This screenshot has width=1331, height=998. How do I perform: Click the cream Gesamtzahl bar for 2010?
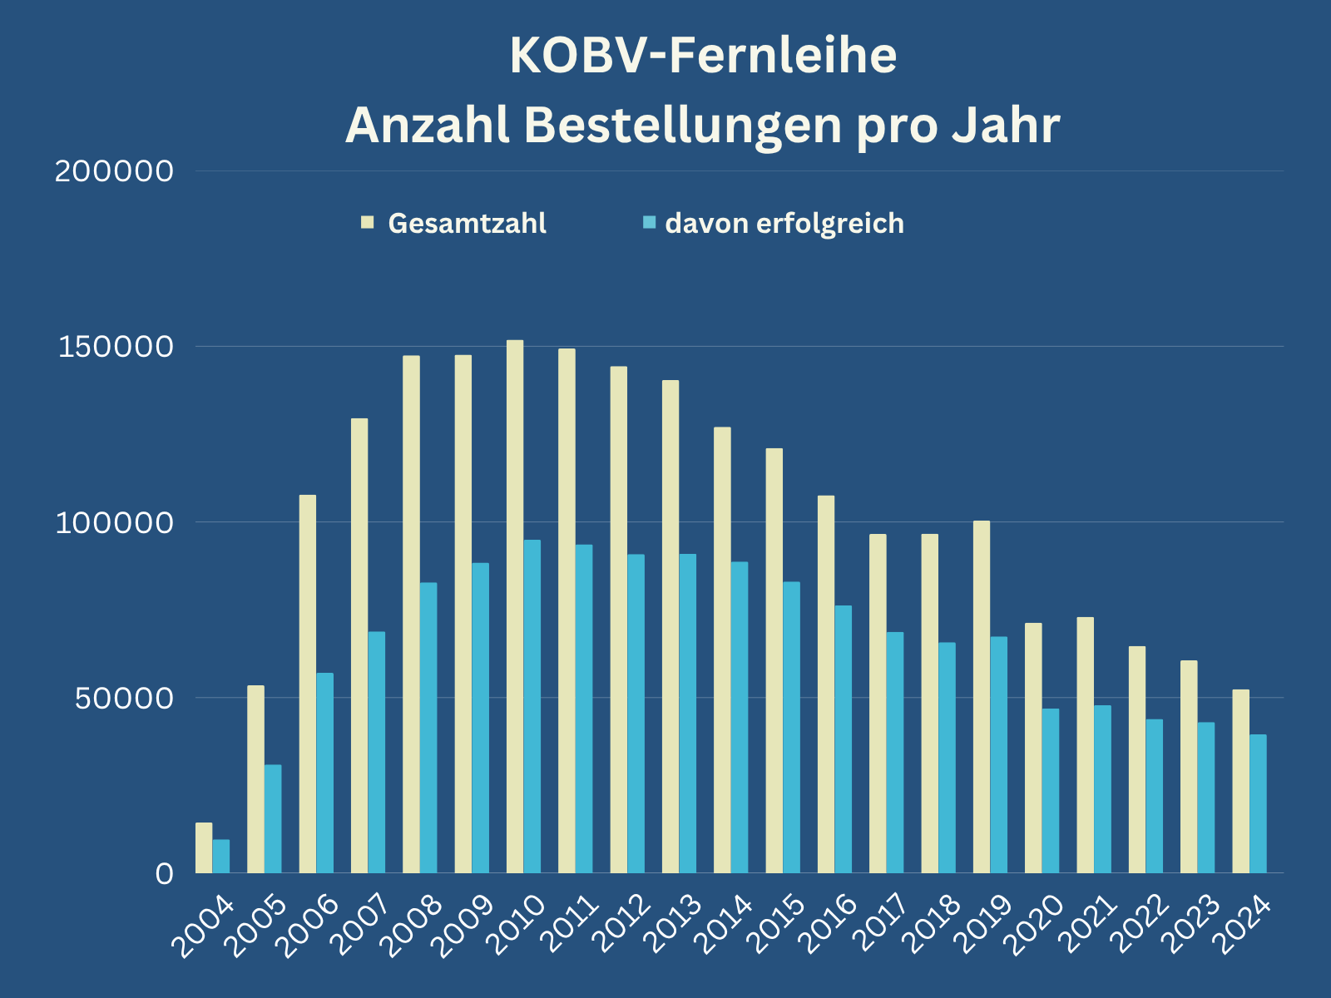coord(515,606)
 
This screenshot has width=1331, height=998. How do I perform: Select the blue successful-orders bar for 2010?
coord(532,706)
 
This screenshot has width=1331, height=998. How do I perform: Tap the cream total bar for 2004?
coord(204,847)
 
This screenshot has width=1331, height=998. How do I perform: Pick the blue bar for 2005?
coord(273,818)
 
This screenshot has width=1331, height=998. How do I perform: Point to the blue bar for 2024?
coord(1258,803)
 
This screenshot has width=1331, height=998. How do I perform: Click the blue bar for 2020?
coord(1051,790)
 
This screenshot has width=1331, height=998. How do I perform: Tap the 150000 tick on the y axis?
coord(116,347)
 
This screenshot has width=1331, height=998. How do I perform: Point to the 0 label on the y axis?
coord(164,873)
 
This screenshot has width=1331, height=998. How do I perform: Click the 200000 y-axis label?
coord(114,171)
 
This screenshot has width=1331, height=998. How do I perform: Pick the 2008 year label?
coord(413,925)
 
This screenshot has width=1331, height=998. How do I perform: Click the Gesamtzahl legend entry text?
coord(467,224)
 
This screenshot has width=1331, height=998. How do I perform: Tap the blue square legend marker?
coord(650,223)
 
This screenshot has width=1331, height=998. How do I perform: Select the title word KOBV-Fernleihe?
coord(703,57)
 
